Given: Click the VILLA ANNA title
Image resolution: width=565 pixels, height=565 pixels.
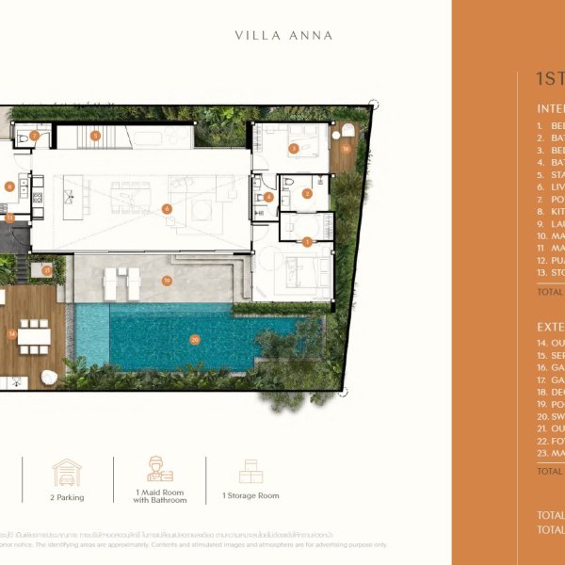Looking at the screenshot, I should point(283,36).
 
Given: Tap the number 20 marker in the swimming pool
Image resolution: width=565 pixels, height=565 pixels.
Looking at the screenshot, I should point(195,340).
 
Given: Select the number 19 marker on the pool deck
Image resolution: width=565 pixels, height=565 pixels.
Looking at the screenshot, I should point(167,281).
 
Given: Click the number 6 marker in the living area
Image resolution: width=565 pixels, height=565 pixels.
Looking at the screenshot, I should point(167,208).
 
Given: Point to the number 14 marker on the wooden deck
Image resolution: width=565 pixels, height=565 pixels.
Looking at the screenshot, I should point(12,333).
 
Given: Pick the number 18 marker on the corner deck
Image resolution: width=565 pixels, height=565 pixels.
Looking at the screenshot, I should point(346,149).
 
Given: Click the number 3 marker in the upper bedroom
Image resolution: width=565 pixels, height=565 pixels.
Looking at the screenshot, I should point(293,148).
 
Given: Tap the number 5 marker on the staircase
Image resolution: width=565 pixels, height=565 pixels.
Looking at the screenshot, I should point(95,136).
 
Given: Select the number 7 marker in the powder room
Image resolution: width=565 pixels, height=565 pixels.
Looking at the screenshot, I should point(34,136).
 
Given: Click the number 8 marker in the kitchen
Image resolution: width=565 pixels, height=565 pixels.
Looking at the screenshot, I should point(9,186).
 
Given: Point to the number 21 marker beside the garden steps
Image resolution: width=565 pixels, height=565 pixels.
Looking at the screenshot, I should point(46,270).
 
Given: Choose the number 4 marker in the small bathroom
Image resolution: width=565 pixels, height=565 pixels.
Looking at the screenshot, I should point(268,197).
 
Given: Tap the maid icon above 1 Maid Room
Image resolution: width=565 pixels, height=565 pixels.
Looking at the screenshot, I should point(160,469).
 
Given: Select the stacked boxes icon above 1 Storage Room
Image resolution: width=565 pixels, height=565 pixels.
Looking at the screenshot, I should point(250,471).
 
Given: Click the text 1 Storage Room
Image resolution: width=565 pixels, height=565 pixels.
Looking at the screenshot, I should point(250,495).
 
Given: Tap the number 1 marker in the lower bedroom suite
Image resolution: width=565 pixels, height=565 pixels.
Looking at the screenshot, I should point(307,241).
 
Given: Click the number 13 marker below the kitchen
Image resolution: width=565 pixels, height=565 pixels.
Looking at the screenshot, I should point(9,218).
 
